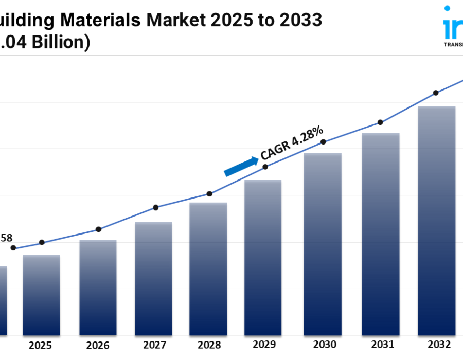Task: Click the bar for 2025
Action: coord(41,295)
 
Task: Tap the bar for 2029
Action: coord(263,258)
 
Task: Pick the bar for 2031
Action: coord(381,234)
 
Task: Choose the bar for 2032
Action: coord(436,221)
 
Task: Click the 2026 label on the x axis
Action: coord(98,345)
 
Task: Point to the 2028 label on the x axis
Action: coord(208,345)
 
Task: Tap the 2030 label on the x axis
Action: coord(325,345)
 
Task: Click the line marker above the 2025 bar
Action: coord(42,242)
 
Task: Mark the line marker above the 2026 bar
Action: coord(98,229)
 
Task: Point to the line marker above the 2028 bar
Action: coord(209,194)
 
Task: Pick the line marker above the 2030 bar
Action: coord(323,142)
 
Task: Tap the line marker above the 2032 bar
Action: coord(436,93)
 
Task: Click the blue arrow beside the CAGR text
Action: coord(241,167)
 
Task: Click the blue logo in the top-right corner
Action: coord(452,26)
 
